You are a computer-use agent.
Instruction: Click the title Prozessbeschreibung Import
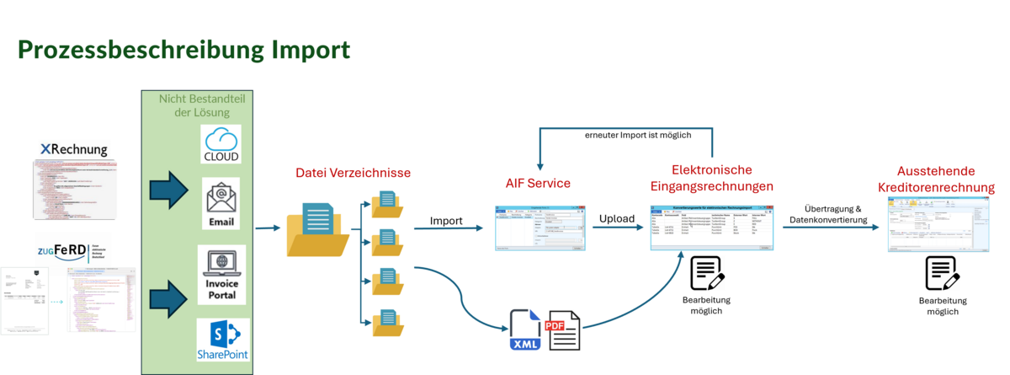[183, 51]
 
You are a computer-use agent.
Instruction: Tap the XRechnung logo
[75, 150]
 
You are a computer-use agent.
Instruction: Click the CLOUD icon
[221, 144]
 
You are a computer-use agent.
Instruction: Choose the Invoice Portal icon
[221, 275]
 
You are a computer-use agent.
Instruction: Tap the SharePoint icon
[221, 341]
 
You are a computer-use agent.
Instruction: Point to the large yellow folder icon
[316, 228]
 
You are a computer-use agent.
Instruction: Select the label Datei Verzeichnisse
[353, 174]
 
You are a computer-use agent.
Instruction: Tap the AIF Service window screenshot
[540, 228]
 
